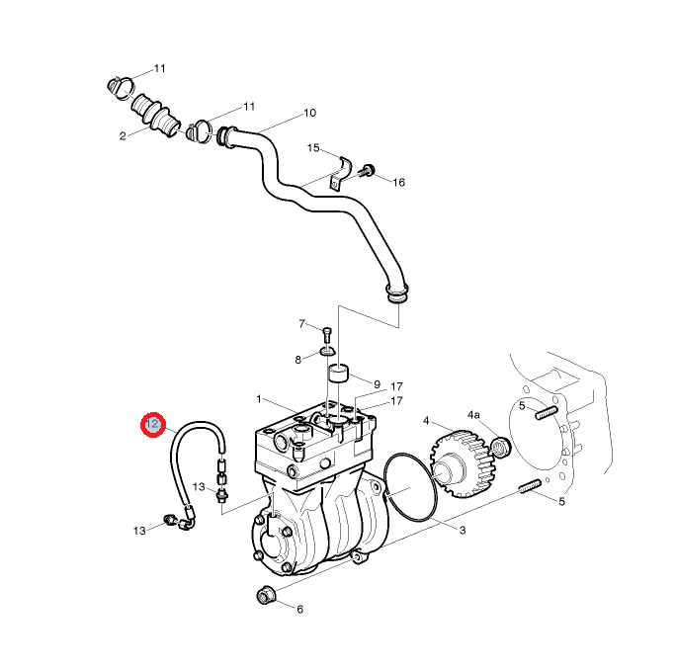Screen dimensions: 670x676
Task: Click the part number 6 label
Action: click(299, 609)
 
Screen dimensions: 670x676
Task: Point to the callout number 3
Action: click(462, 531)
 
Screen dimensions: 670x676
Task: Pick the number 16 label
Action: click(398, 182)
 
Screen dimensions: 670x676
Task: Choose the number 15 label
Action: click(312, 148)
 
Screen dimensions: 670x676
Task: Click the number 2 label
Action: click(123, 135)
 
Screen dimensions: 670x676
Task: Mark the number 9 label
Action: click(376, 382)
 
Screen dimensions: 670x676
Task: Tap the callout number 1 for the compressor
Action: click(258, 399)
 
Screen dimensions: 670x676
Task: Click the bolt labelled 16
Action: click(368, 171)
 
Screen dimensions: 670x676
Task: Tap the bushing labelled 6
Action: click(265, 596)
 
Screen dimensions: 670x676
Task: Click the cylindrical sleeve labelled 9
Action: click(340, 376)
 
